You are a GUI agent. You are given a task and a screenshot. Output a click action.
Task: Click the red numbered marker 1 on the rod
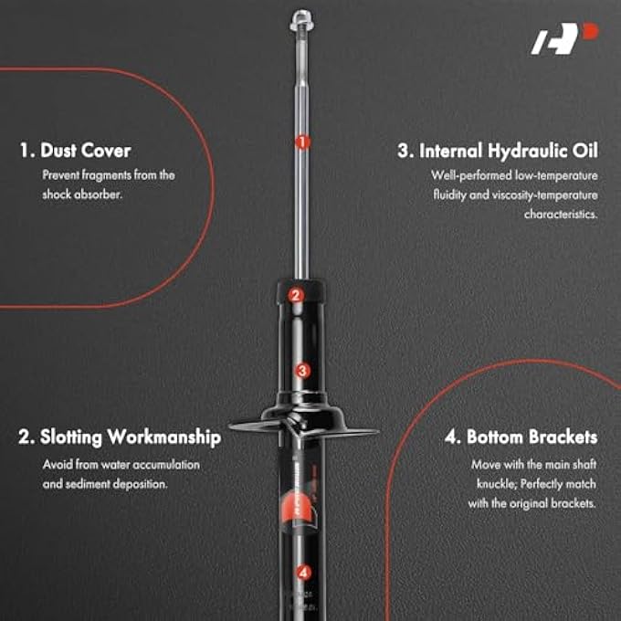click(301, 142)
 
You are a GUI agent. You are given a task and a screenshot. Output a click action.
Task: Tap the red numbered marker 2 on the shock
click(295, 295)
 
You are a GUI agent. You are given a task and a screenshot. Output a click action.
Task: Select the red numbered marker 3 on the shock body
click(303, 371)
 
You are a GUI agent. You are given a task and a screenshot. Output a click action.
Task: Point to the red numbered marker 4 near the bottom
click(303, 574)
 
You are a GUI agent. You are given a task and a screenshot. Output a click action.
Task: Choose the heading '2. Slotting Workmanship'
click(120, 437)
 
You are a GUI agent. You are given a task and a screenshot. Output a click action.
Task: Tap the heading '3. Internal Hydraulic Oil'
click(497, 151)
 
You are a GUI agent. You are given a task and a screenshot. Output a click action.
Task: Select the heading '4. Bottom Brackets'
click(521, 437)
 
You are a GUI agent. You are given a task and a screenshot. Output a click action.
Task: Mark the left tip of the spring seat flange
click(232, 424)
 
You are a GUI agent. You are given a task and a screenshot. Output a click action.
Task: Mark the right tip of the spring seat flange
click(375, 432)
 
